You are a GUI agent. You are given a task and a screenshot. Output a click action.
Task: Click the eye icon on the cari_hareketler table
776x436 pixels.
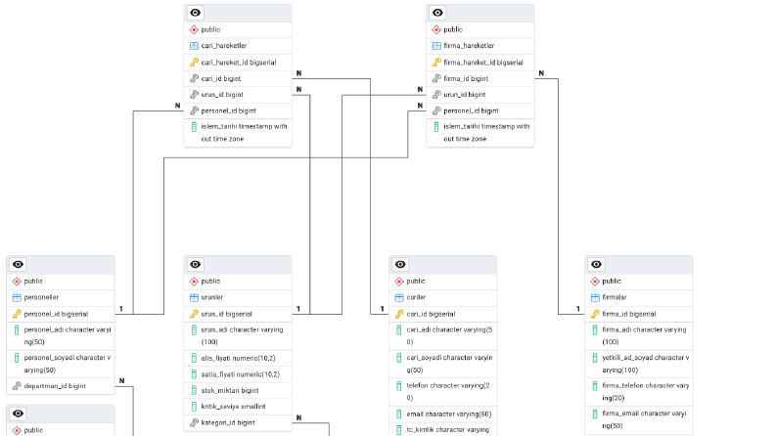[x=196, y=13]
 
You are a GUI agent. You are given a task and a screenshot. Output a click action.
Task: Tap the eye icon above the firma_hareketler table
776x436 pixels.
[x=437, y=13]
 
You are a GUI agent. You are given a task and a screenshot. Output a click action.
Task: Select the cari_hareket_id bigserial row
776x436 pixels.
[x=238, y=63]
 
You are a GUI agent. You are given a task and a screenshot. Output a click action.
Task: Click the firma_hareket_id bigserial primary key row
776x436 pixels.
[x=480, y=63]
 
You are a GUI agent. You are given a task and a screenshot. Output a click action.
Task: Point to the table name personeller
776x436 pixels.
[x=41, y=297]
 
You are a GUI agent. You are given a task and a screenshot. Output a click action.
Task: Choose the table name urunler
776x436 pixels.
[x=211, y=297]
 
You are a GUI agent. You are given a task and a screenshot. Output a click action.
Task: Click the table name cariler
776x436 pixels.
[x=416, y=297]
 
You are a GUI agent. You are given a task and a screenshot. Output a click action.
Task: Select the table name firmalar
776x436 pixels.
[x=615, y=297]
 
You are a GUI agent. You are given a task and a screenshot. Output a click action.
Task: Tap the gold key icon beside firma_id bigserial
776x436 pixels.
[x=595, y=314]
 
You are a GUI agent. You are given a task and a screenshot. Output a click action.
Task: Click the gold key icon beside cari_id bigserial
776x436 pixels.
[x=399, y=314]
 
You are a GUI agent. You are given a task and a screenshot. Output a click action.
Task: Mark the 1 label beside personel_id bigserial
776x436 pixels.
[x=120, y=309]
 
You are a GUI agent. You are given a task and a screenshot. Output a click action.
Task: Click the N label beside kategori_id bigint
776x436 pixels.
[x=298, y=417]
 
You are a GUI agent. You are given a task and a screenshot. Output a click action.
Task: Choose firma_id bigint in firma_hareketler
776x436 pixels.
[x=466, y=78]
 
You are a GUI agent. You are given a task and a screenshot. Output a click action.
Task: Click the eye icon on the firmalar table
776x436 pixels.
[x=596, y=265]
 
